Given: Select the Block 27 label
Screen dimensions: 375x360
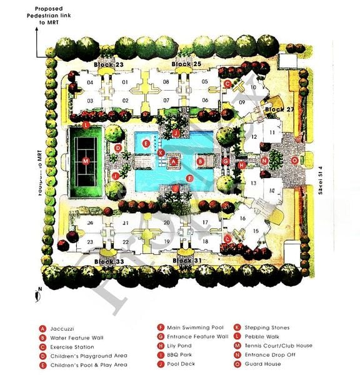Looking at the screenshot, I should [279, 109].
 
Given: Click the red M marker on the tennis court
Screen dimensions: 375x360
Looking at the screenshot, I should [86, 161].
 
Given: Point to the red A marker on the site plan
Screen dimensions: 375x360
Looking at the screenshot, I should [175, 161].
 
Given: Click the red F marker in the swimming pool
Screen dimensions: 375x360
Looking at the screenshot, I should [190, 178].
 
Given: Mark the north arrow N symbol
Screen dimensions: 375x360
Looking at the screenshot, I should [39, 290].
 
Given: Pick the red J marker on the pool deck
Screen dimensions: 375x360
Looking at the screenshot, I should [176, 133].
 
